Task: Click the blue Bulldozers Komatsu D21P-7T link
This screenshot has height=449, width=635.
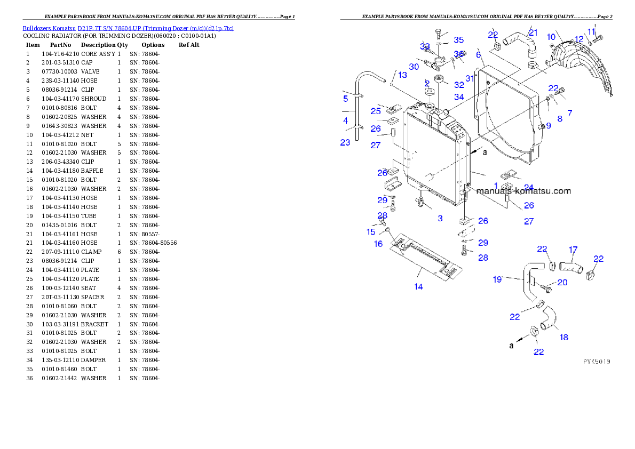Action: click(x=128, y=28)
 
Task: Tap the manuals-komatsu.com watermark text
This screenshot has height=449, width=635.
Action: click(x=523, y=191)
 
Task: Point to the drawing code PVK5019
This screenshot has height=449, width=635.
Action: click(x=597, y=362)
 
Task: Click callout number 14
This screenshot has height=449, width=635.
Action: click(x=418, y=287)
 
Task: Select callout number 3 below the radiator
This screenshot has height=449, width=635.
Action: click(x=440, y=218)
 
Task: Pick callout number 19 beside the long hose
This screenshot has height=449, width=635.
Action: click(x=497, y=279)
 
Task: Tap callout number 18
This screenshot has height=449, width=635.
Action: click(x=564, y=337)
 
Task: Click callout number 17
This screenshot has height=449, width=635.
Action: click(x=573, y=250)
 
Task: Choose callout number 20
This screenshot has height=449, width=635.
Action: click(x=562, y=283)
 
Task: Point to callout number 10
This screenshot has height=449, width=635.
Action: click(x=551, y=37)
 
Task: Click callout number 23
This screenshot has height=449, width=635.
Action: click(x=345, y=142)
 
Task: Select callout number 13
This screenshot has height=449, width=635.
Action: click(x=402, y=75)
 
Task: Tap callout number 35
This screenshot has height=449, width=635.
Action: click(x=459, y=40)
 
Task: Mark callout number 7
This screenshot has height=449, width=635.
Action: click(x=569, y=113)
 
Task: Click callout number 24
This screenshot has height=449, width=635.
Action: click(x=528, y=187)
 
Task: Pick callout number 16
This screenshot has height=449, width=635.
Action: click(x=378, y=244)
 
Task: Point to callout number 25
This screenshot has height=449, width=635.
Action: click(x=376, y=111)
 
